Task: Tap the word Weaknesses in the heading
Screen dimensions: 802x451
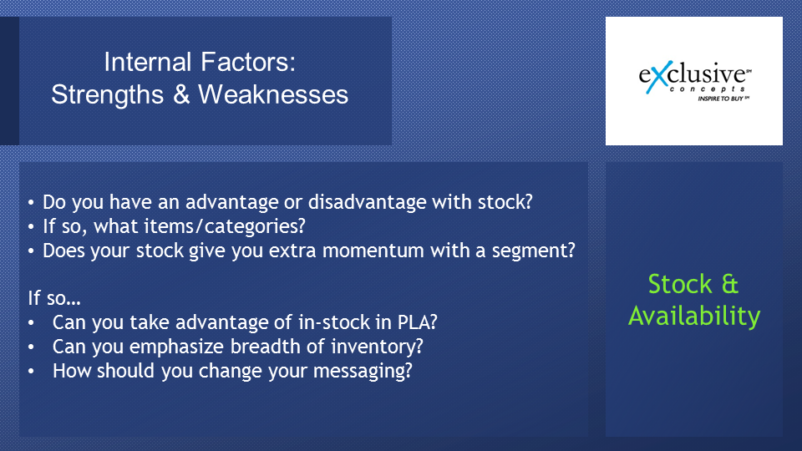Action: coord(273,94)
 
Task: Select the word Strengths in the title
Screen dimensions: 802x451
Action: coord(108,95)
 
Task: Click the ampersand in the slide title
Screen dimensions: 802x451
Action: coord(181,94)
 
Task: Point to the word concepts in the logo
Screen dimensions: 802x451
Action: coord(707,89)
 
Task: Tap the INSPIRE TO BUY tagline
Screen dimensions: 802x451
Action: coord(721,99)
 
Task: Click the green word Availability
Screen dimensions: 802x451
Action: coord(694,316)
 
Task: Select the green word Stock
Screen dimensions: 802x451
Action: coord(680,284)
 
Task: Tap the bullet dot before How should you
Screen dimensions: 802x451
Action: coord(31,371)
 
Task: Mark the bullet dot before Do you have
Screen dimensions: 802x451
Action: coord(31,202)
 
